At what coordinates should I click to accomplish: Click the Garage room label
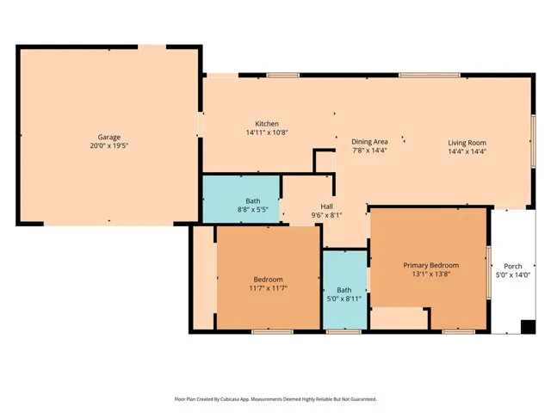108,137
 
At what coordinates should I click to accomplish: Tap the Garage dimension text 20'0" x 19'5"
108,146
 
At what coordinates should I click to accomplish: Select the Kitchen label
267,123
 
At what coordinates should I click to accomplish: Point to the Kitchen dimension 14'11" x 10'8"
267,133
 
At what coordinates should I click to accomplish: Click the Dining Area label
369,141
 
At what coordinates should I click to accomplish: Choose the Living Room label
467,142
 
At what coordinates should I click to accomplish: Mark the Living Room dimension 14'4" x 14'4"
467,151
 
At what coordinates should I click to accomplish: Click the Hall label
326,206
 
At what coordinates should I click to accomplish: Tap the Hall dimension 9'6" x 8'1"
326,215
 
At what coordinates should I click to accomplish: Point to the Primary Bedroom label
430,265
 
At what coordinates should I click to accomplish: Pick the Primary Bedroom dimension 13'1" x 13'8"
430,274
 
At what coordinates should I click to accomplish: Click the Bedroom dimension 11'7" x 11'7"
269,289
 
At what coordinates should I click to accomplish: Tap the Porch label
512,265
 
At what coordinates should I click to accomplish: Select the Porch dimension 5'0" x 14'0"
512,274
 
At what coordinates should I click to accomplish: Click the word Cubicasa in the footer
231,399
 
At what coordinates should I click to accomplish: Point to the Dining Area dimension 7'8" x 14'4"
369,151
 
